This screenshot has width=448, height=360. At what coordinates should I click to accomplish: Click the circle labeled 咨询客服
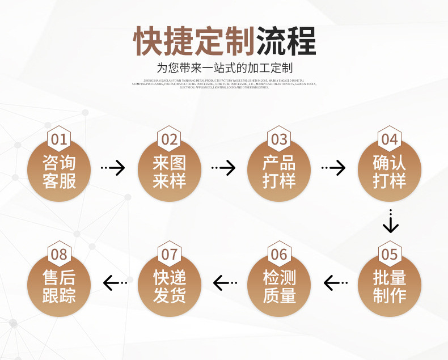point(59,172)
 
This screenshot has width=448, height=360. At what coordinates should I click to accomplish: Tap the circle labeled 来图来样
point(169,172)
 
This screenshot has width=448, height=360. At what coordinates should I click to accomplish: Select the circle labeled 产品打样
point(279,172)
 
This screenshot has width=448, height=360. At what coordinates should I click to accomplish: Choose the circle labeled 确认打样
point(390,172)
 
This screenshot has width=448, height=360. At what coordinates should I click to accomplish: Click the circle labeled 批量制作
point(390,287)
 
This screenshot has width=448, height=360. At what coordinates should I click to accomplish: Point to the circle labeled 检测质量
point(279,287)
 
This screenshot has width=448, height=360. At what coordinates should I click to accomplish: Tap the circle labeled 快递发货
point(169,287)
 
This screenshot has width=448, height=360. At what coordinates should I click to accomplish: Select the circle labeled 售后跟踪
point(59,287)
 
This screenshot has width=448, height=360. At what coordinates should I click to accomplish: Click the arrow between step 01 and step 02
point(113,168)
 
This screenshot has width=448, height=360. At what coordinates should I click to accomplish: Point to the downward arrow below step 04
point(390,222)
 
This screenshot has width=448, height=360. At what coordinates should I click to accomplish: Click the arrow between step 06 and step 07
point(225,282)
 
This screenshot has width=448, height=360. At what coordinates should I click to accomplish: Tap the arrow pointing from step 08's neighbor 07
point(115,282)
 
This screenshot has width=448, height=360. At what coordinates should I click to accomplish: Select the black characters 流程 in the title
point(286,41)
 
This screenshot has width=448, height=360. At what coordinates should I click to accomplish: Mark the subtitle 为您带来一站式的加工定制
point(224,69)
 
